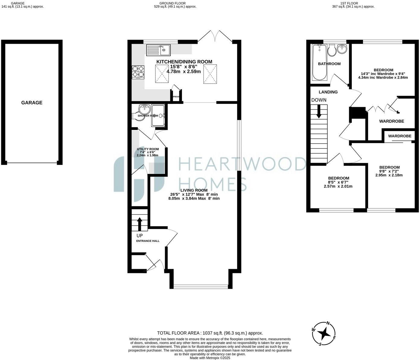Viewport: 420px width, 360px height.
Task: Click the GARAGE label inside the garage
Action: (x=32, y=103)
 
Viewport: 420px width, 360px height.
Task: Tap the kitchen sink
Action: (x=158, y=50)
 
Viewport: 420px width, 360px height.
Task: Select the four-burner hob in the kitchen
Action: (x=138, y=72)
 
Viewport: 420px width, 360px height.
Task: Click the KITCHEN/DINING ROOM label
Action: (x=184, y=62)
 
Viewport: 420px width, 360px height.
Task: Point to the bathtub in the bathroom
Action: (x=319, y=62)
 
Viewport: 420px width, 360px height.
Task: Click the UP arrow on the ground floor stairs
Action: (x=140, y=224)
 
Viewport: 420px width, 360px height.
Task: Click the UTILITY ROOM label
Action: (x=148, y=149)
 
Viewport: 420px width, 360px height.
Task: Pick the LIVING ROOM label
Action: (x=189, y=190)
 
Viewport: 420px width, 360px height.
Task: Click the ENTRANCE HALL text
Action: (x=148, y=241)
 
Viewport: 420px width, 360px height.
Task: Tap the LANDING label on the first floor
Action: (x=328, y=92)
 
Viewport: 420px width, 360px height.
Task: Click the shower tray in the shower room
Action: (x=158, y=115)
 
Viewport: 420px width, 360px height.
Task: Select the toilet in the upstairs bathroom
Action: (x=331, y=50)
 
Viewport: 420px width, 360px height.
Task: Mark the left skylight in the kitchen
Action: (x=162, y=73)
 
